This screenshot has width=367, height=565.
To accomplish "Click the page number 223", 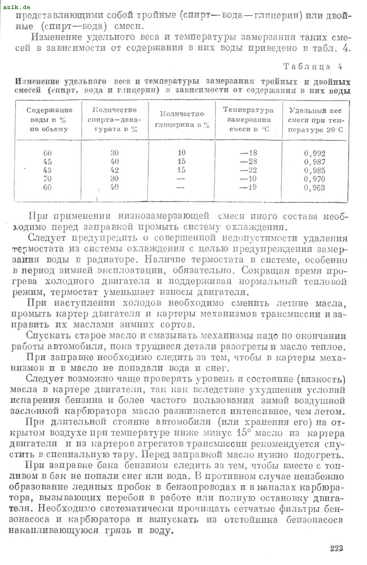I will (335, 548).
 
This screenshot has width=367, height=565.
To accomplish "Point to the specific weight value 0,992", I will (314, 153).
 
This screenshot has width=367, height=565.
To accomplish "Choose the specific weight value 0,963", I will (314, 187).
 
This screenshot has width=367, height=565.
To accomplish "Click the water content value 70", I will (47, 179).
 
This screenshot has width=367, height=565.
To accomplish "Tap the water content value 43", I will (47, 170).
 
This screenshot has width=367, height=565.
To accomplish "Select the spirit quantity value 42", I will (115, 170).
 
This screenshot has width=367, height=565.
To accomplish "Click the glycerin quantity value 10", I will (181, 153).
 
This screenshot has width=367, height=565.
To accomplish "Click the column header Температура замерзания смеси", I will (248, 119).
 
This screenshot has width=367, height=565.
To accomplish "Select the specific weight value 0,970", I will (314, 179).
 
